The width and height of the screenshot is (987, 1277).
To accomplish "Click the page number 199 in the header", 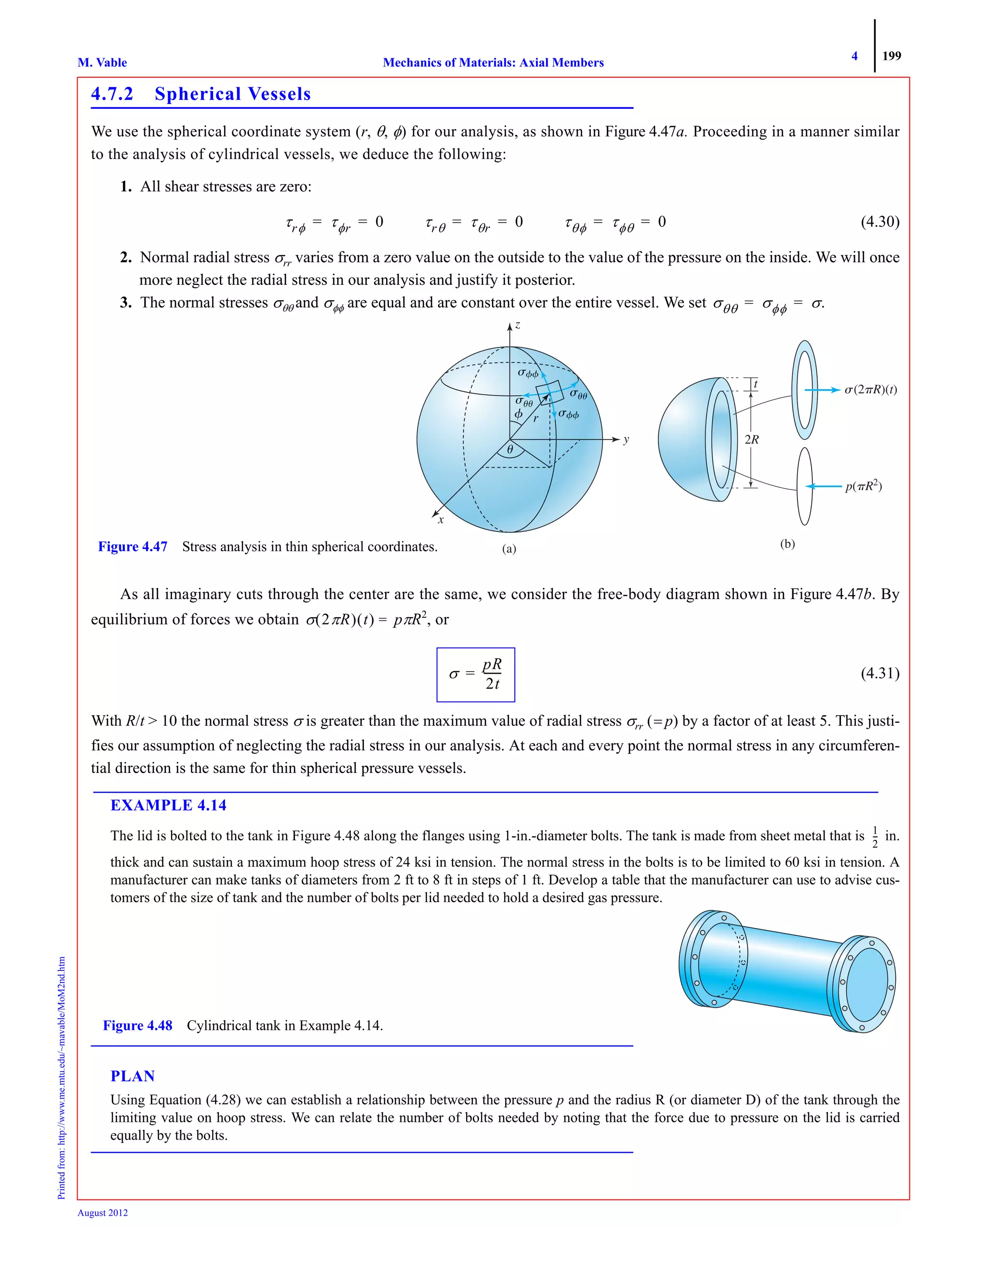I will (x=891, y=56).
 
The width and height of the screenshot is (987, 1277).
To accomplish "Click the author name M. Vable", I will (x=102, y=63).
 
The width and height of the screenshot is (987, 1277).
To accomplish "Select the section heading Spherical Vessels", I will (x=232, y=94).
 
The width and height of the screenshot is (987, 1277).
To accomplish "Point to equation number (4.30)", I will (x=880, y=222).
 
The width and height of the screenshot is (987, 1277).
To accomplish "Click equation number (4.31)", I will (x=880, y=673).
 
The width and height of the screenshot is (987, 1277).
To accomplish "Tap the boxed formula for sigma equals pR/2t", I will (x=475, y=674).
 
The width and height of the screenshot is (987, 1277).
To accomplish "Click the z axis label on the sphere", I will (x=518, y=325).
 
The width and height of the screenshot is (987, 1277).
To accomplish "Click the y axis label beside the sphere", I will (x=626, y=439).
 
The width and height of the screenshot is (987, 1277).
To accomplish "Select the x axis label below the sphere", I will (x=441, y=519).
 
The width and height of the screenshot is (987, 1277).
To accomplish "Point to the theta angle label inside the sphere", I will (x=510, y=449).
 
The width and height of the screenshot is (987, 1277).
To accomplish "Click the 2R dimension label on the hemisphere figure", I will (x=751, y=439).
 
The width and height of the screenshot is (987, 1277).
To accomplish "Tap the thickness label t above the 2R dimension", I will (x=756, y=384).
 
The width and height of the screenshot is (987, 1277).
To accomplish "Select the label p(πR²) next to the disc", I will (x=863, y=486).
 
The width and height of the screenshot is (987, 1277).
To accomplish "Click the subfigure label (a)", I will (x=509, y=548).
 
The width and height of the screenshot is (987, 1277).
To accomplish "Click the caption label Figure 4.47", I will (x=133, y=547).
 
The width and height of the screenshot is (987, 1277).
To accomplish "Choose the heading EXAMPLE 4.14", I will (x=168, y=805).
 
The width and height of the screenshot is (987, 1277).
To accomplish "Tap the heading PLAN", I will (x=133, y=1076).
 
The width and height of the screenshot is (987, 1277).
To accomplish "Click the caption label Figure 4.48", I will (x=137, y=1025).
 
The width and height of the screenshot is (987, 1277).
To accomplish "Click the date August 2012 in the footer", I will (x=103, y=1213).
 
